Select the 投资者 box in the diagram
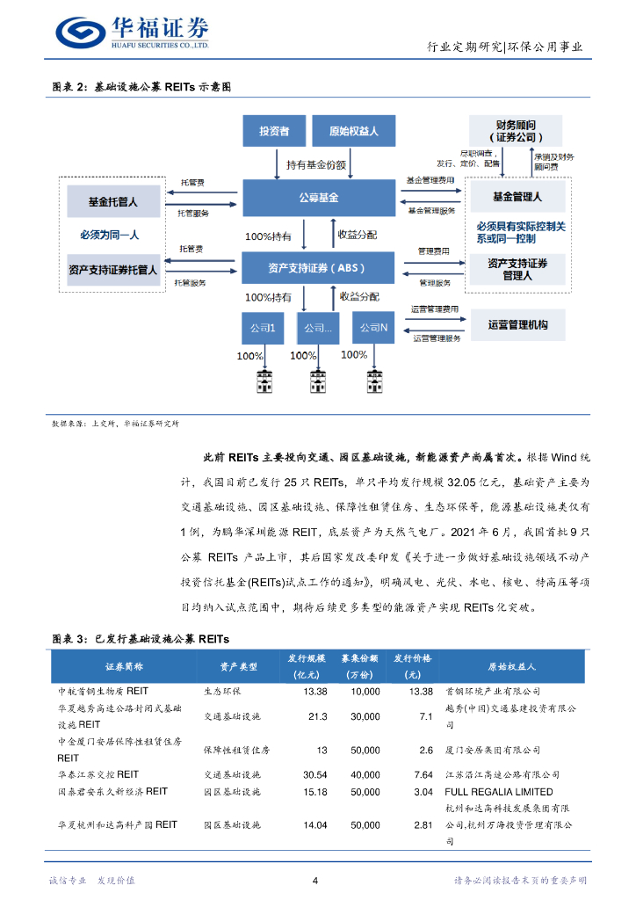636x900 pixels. (x=273, y=131)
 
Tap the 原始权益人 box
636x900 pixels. (x=353, y=131)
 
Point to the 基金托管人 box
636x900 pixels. (x=113, y=201)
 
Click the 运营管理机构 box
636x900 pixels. (x=517, y=324)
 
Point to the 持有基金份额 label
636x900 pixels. (x=316, y=164)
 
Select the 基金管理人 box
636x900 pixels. (x=517, y=197)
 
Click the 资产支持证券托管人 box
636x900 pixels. (x=113, y=269)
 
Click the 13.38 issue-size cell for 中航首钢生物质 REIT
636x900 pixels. (x=314, y=692)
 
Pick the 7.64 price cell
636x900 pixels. (x=423, y=774)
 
